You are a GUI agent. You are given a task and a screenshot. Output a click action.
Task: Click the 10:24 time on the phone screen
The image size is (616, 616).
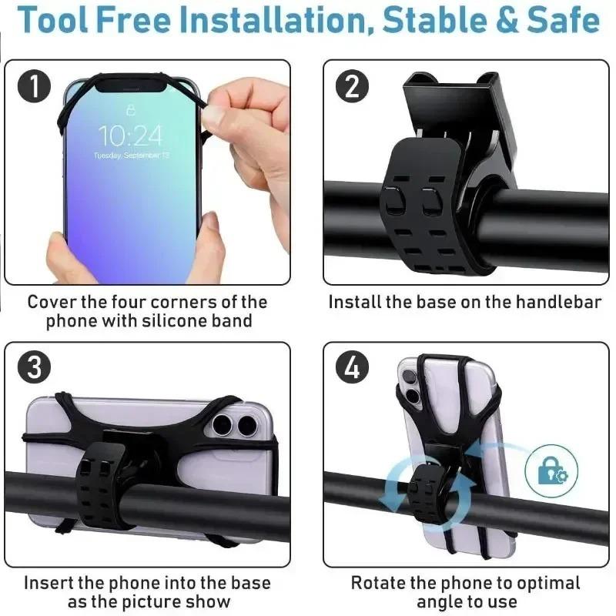pyautogui.click(x=131, y=136)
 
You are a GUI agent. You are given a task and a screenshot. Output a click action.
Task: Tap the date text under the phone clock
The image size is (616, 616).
pyautogui.click(x=131, y=156)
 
